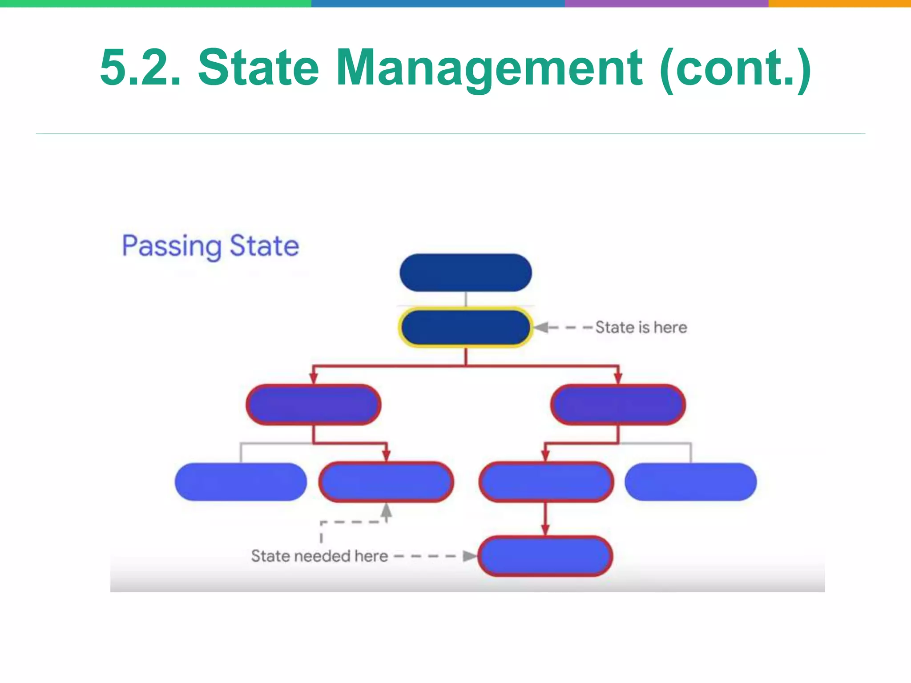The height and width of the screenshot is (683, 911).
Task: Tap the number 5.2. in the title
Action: click(141, 68)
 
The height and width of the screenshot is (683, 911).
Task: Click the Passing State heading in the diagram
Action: click(210, 246)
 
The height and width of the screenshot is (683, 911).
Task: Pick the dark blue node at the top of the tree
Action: click(465, 273)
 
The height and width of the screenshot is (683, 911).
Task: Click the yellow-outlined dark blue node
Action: click(465, 328)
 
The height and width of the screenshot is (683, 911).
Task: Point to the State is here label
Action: click(641, 328)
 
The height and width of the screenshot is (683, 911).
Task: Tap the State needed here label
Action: click(319, 556)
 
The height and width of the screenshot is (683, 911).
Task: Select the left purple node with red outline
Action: click(314, 405)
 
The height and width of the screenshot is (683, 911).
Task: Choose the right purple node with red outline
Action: click(618, 405)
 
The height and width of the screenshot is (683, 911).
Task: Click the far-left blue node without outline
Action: click(241, 482)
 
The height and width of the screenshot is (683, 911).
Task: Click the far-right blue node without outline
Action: click(690, 482)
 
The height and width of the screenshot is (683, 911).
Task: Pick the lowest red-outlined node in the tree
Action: click(545, 556)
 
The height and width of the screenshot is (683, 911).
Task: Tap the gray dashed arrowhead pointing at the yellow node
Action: click(541, 328)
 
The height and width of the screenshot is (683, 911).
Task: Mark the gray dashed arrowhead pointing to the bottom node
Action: click(469, 556)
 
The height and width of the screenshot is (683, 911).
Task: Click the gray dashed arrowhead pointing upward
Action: click(387, 510)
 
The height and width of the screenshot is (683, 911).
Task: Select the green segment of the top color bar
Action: click(156, 3)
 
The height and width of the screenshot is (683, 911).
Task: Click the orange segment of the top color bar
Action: click(840, 3)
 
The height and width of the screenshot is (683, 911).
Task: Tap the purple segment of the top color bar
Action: click(666, 3)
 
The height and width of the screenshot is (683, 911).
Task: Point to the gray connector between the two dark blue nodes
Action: click(465, 299)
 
